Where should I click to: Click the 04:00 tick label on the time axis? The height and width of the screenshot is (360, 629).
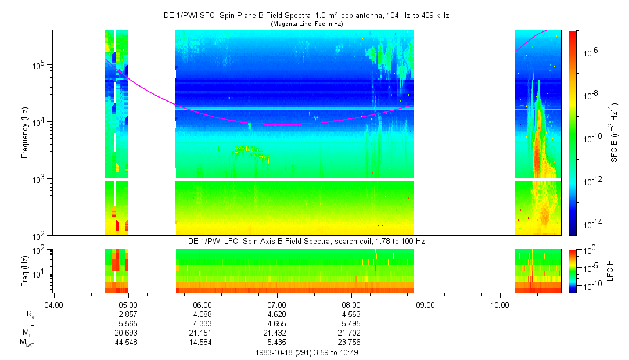pos(53,304)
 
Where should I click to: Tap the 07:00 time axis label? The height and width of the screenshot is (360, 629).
pos(277,304)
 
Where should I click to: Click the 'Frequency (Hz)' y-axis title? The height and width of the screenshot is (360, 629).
pos(25,132)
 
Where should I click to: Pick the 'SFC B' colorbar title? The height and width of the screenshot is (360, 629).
pos(614,132)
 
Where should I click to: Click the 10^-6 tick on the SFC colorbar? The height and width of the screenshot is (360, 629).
pos(592,52)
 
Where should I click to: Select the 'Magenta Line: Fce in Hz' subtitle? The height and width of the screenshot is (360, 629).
pos(306,24)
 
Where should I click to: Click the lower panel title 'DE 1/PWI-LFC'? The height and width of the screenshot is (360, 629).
pos(306,241)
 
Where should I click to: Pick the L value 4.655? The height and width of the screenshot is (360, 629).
pos(277,323)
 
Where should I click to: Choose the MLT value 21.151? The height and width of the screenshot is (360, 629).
pos(202,332)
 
